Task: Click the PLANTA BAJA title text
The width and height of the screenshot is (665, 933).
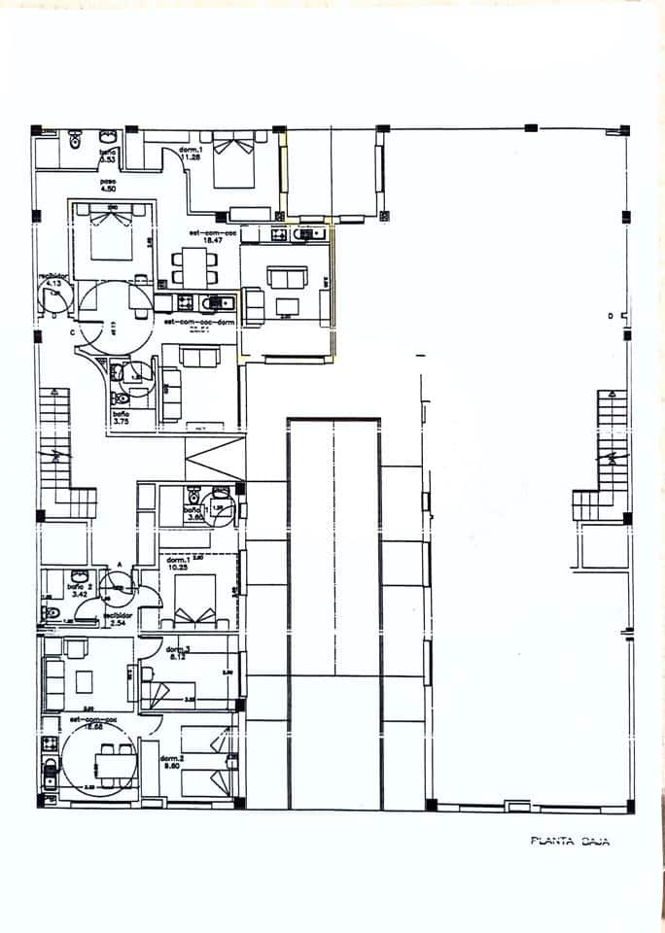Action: click(570, 843)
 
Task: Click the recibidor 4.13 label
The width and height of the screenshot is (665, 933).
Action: click(52, 279)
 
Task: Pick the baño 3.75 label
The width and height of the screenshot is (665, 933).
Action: click(122, 419)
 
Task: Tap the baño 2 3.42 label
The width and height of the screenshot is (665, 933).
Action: click(79, 590)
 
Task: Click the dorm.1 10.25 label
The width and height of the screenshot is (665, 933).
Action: click(177, 564)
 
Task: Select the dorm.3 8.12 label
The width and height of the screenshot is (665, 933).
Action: click(177, 653)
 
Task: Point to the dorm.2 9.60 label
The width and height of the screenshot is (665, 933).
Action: click(173, 761)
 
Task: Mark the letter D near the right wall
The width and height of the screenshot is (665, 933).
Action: click(611, 317)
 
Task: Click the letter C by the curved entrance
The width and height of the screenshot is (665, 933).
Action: click(72, 332)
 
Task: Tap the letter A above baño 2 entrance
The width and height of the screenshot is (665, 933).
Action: click(119, 564)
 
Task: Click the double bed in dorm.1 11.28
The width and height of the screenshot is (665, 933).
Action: click(234, 161)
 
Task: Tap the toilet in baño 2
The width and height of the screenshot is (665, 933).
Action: click(51, 613)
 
